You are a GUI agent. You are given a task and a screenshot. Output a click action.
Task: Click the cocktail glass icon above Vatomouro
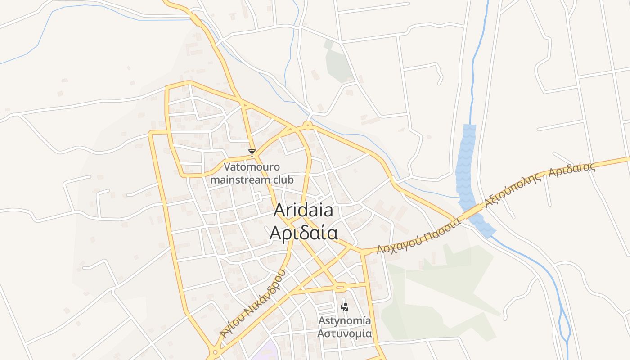pos(252,153)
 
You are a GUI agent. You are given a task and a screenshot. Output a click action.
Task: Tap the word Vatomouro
pos(252,167)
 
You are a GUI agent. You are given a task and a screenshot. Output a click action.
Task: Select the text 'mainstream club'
pos(252,180)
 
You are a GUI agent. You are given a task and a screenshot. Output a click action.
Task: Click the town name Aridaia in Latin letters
pos(303,210)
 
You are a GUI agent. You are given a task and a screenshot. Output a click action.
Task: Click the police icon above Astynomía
pos(344,307)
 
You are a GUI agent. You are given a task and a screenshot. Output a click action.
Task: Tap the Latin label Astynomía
pos(345,321)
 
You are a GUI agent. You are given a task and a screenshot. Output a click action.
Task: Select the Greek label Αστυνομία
pos(345,334)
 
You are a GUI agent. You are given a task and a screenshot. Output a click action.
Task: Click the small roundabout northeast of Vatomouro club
pos(308,125)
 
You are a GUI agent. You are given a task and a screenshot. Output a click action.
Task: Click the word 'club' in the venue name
pos(281,180)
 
